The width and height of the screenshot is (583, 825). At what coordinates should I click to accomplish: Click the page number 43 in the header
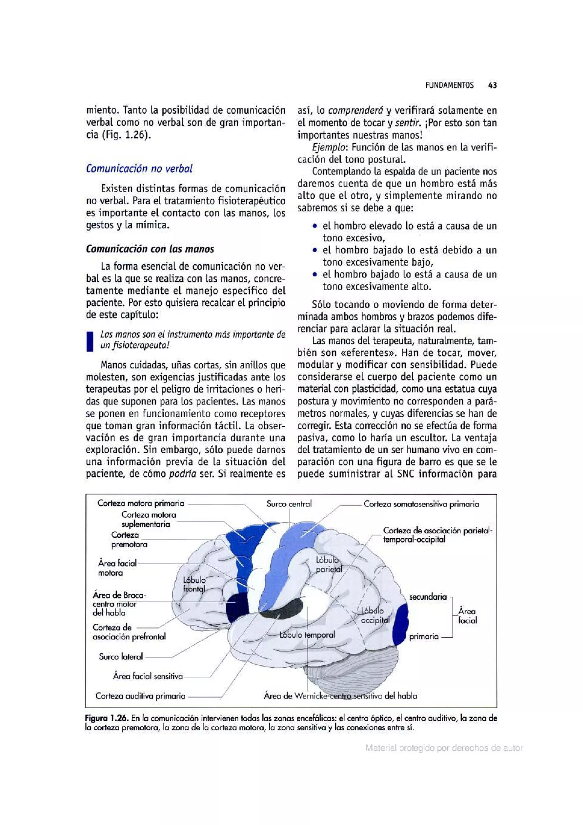pyautogui.click(x=492, y=85)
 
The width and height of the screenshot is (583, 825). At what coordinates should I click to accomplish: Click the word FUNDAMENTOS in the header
pyautogui.click(x=449, y=85)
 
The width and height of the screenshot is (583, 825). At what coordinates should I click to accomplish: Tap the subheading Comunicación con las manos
pyautogui.click(x=150, y=249)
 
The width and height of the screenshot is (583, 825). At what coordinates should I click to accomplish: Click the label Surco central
pyautogui.click(x=289, y=504)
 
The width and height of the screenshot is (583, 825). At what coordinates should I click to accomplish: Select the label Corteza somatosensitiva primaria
pyautogui.click(x=421, y=504)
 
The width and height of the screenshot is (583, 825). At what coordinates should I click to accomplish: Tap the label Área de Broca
pyautogui.click(x=119, y=595)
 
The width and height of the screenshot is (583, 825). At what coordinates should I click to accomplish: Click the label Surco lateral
pyautogui.click(x=121, y=657)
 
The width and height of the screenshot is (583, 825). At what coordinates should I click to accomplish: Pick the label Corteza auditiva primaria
pyautogui.click(x=140, y=696)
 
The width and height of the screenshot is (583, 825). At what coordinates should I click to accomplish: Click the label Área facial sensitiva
pyautogui.click(x=148, y=676)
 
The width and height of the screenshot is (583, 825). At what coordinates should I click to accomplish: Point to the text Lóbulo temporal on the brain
pyautogui.click(x=307, y=635)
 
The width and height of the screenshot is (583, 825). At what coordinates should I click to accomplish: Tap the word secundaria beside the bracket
pyautogui.click(x=428, y=597)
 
